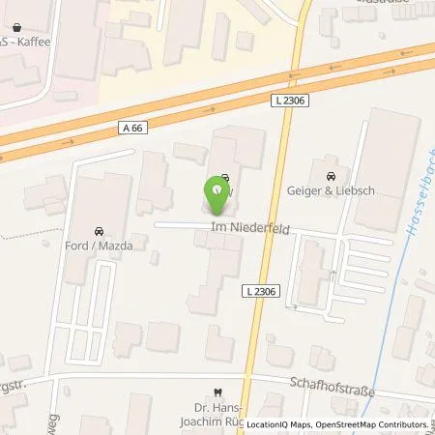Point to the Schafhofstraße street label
pyautogui.click(x=331, y=384)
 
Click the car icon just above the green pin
pyautogui.click(x=224, y=178)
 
